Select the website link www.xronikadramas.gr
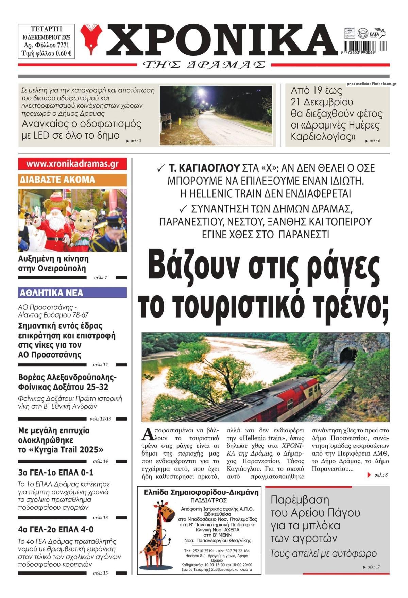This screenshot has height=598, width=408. click(x=72, y=164)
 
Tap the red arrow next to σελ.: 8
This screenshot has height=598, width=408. click(x=369, y=475)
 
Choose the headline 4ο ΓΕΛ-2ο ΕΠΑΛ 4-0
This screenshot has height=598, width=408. click(x=56, y=529)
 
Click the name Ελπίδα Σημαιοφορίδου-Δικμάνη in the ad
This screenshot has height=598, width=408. click(x=201, y=492)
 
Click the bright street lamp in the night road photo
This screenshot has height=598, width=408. click(x=201, y=92)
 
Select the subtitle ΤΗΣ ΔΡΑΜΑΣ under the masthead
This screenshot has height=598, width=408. click(x=204, y=65)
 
